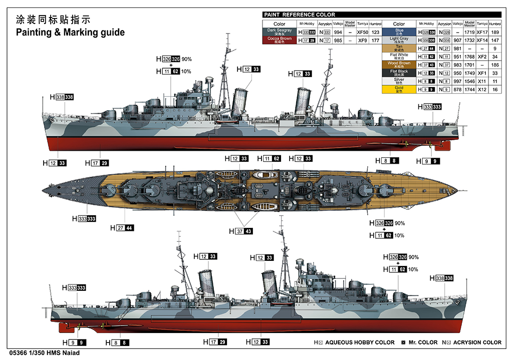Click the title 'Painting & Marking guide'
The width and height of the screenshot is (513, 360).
pos(70,33)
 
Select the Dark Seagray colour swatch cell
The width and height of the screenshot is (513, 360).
pos(279,32)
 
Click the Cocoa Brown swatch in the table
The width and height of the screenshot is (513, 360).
pos(279,40)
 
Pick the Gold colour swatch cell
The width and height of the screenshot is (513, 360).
pos(399,89)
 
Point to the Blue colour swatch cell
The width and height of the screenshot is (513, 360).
pos(399,32)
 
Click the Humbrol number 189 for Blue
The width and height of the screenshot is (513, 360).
pos(495,32)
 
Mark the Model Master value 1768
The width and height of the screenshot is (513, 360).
pos(469,57)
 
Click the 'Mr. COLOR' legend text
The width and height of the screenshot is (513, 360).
pos(421,342)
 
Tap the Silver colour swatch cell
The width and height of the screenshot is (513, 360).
pos(399,81)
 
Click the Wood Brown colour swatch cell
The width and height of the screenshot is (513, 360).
pos(399,65)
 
